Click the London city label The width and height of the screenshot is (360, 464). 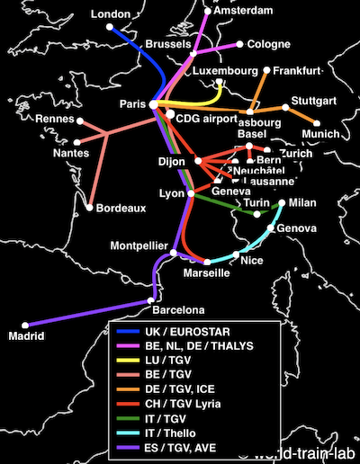coord(112,14)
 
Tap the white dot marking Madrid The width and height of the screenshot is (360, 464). coord(27,325)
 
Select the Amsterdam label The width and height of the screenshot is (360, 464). coord(239,11)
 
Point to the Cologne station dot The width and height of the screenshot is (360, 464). coord(240,43)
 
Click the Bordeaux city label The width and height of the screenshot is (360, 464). coord(121,208)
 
